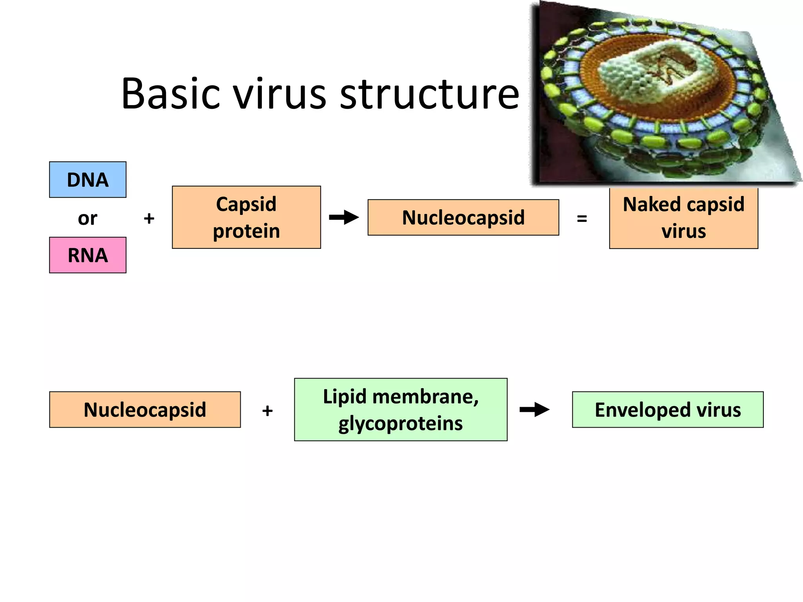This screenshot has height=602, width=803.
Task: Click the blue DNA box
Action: pos(87,180)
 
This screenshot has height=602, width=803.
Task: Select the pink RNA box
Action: pos(87,255)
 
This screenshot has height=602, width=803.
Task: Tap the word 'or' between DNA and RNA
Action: pos(87,218)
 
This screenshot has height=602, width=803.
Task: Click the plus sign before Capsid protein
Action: pos(149,218)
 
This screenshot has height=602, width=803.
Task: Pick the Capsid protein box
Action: pos(246,217)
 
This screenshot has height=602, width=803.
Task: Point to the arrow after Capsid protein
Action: pos(343,217)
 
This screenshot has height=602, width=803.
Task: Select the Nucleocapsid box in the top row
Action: pos(463,218)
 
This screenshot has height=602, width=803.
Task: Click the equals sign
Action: pos(582,219)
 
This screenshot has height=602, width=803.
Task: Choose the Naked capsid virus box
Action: pos(683,218)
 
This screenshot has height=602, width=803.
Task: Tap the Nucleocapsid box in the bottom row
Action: pos(145,410)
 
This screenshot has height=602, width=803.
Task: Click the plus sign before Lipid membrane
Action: pos(267,411)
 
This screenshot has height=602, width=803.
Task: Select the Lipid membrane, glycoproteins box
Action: pos(400,410)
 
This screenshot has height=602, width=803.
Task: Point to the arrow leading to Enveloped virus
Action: pos(534,410)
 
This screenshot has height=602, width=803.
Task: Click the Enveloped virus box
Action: pos(667,410)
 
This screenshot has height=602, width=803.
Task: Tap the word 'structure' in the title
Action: pos(429,94)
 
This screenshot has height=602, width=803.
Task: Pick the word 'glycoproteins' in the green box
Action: pos(400,423)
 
